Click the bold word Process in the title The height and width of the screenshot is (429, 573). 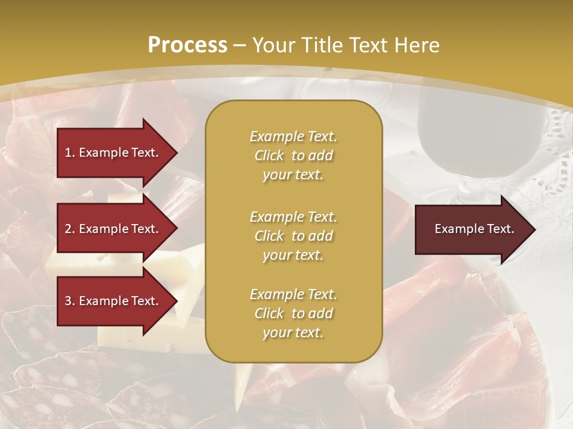(187, 45)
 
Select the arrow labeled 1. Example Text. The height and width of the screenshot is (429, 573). (113, 153)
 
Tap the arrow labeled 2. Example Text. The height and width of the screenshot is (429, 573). (113, 229)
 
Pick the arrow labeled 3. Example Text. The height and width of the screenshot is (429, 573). (113, 301)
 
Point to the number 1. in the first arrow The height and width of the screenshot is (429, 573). (70, 153)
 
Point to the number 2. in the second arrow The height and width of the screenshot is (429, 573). (70, 229)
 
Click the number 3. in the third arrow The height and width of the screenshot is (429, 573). (70, 301)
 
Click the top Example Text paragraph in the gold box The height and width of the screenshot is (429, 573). (293, 156)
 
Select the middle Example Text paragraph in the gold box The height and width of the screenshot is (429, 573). (293, 236)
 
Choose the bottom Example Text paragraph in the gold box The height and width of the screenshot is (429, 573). (293, 313)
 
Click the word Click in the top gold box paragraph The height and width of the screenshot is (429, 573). (269, 156)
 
